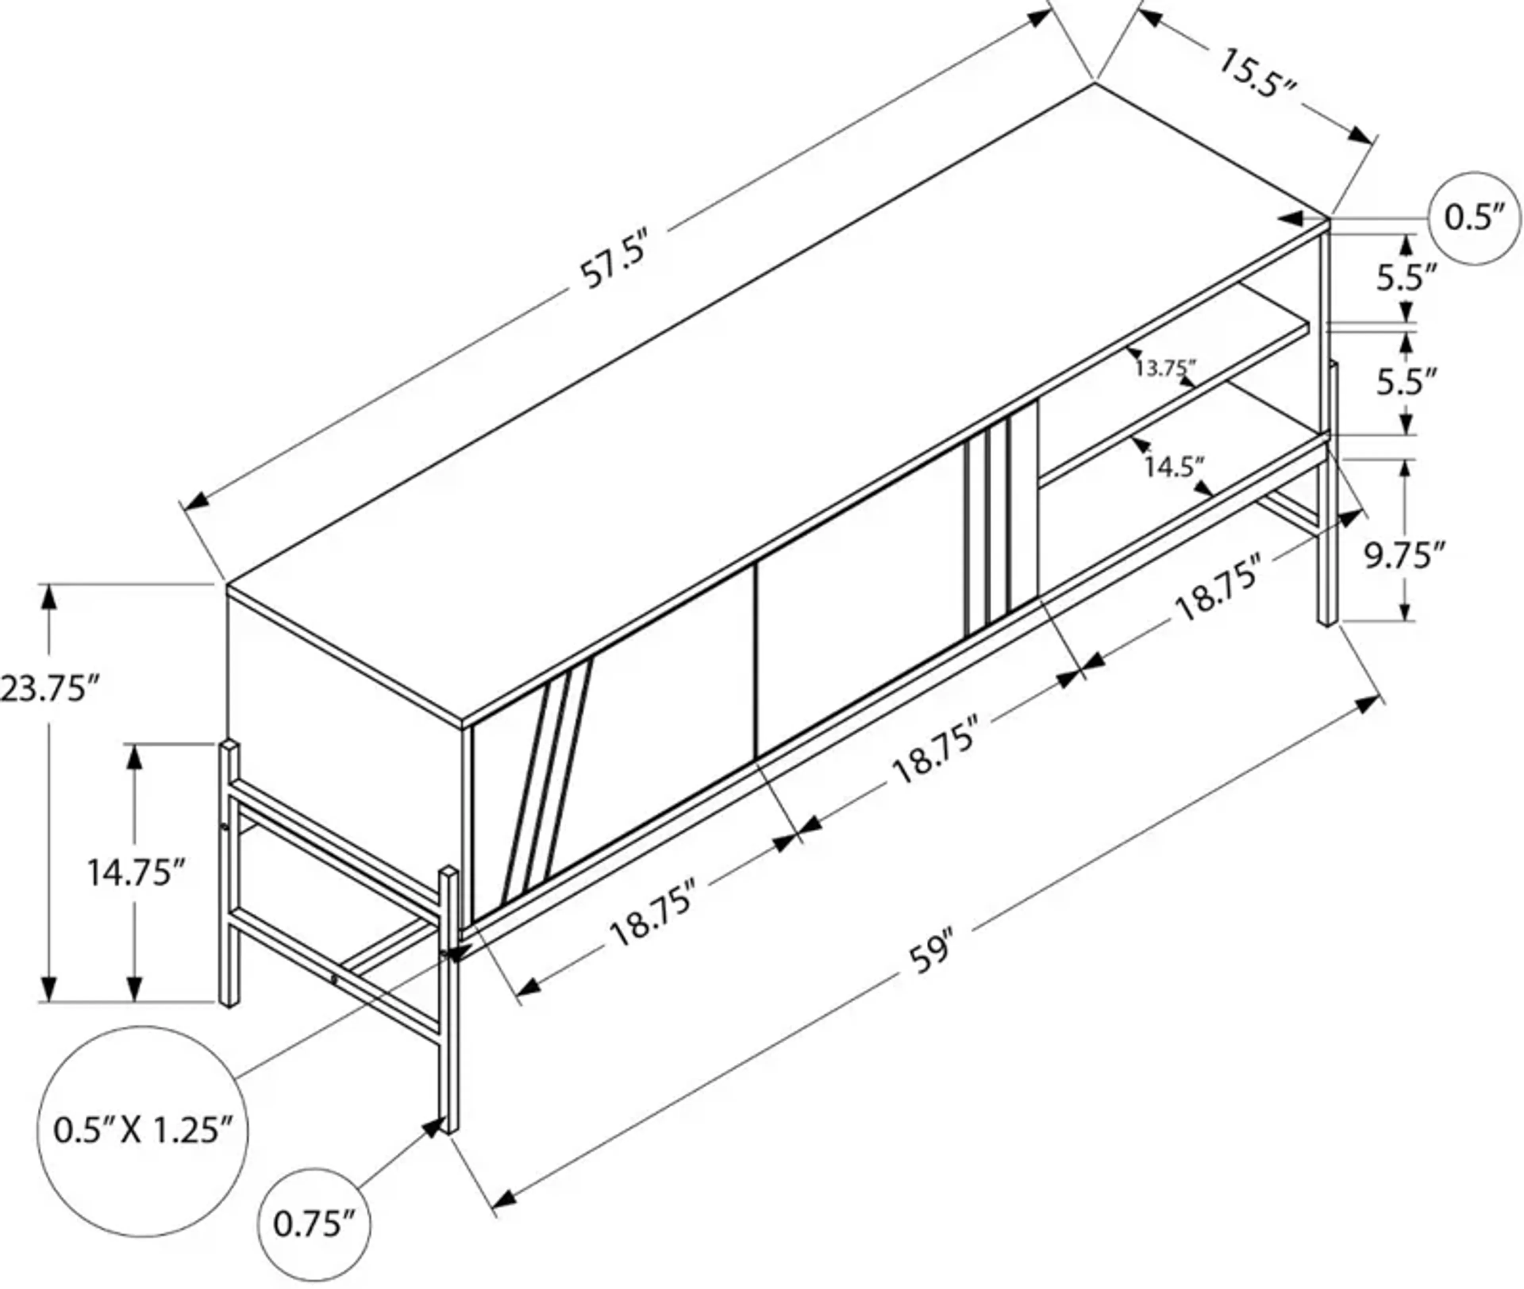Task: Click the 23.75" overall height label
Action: click(x=48, y=688)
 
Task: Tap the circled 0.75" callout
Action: click(x=314, y=1224)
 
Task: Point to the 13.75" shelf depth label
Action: click(x=1164, y=368)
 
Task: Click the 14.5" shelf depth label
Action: click(x=1173, y=466)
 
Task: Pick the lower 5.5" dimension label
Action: click(x=1407, y=381)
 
